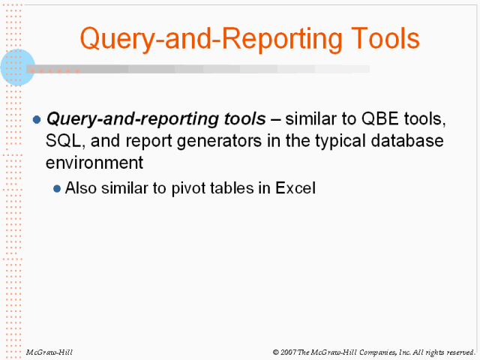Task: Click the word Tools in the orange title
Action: pyautogui.click(x=385, y=38)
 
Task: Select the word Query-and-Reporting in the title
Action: pyautogui.click(x=211, y=40)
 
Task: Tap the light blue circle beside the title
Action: pyautogui.click(x=18, y=67)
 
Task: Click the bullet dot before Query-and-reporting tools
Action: pyautogui.click(x=37, y=119)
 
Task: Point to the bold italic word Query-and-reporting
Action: pyautogui.click(x=133, y=119)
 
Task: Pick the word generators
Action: pyautogui.click(x=219, y=142)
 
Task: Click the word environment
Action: pyautogui.click(x=94, y=163)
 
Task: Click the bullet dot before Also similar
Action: pyautogui.click(x=57, y=188)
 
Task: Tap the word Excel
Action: pyautogui.click(x=295, y=188)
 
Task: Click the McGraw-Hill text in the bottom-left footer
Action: pyautogui.click(x=49, y=352)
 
